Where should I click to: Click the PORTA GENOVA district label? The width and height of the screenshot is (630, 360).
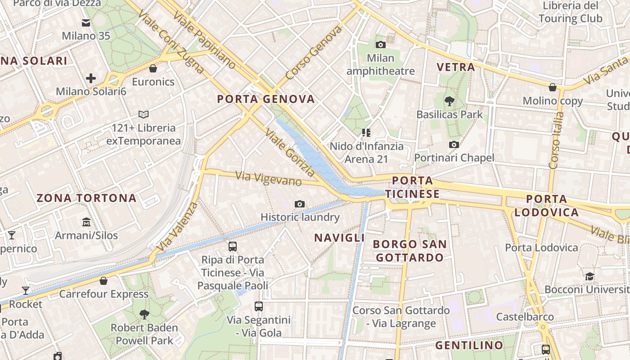(x=266, y=99)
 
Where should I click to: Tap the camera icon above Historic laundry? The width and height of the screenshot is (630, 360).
(x=300, y=204)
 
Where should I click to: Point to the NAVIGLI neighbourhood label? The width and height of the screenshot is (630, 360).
(x=339, y=238)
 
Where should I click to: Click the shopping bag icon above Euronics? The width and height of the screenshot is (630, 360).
(x=153, y=68)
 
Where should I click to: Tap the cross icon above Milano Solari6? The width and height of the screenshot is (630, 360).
(x=91, y=78)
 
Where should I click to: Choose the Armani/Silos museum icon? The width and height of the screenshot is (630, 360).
(x=86, y=222)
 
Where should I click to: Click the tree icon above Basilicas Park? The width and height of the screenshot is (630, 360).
(x=449, y=101)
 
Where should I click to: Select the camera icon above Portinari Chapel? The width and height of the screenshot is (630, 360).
(x=454, y=144)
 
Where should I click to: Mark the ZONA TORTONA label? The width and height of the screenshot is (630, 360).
(x=86, y=198)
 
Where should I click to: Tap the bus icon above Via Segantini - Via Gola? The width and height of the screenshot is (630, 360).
(x=259, y=306)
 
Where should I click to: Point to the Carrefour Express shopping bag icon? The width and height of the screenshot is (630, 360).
(x=103, y=281)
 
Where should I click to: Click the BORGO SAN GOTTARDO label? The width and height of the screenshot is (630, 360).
(x=410, y=251)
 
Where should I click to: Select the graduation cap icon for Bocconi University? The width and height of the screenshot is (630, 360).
(x=589, y=276)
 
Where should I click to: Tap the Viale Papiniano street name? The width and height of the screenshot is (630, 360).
(x=204, y=40)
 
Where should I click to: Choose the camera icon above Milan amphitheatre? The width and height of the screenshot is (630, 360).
(x=381, y=45)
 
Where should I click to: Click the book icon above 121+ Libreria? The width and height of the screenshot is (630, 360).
(x=144, y=115)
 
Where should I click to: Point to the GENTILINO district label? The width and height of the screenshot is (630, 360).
(x=469, y=346)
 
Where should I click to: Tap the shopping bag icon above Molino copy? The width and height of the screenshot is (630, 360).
(x=553, y=87)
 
